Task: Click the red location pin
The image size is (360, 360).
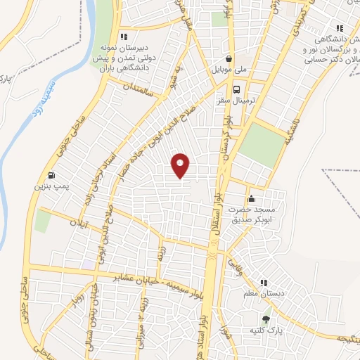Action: pos(181,166)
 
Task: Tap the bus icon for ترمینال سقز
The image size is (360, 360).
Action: pos(236,90)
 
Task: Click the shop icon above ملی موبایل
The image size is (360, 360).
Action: pos(229,60)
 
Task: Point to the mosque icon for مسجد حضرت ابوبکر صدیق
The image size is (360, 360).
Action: pos(251,198)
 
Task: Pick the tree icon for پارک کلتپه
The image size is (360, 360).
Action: pos(265,318)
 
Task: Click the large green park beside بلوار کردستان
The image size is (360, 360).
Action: pos(261,145)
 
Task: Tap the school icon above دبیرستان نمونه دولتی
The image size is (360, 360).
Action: pos(124,37)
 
